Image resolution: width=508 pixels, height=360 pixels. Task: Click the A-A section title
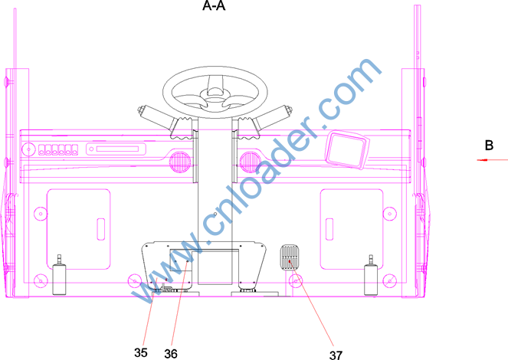click(x=214, y=5)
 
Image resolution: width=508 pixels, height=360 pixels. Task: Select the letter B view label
click(x=489, y=145)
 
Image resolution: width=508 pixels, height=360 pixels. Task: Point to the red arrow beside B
click(x=492, y=159)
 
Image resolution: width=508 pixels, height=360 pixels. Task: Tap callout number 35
click(x=141, y=352)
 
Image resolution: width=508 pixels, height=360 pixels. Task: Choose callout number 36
click(x=171, y=354)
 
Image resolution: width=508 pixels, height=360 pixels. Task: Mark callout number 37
click(x=336, y=355)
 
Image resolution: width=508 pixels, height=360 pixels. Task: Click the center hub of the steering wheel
click(x=215, y=97)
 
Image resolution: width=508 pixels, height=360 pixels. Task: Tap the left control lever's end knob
click(x=141, y=110)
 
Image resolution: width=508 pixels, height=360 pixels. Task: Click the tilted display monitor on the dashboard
click(x=347, y=149)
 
